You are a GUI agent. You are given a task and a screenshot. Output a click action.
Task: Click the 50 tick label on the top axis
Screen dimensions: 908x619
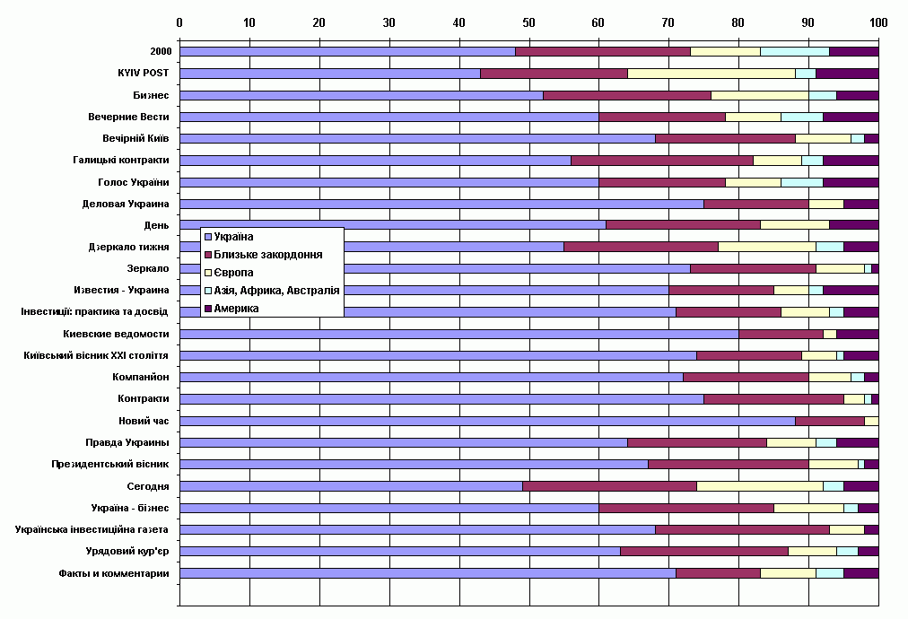point(528,22)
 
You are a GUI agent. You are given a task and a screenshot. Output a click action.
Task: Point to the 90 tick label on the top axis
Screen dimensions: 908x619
point(808,22)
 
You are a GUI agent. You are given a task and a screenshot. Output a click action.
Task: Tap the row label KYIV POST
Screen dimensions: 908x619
point(143,73)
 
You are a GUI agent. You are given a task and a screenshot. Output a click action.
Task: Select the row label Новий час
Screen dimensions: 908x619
point(144,421)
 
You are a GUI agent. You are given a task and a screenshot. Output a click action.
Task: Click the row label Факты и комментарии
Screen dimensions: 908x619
point(114,573)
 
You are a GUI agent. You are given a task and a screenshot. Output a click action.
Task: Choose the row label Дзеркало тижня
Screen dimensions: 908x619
point(128,248)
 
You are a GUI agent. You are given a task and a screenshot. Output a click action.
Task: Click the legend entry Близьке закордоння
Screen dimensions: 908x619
point(268,255)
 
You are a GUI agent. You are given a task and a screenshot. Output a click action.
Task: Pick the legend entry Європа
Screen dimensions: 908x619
point(233,273)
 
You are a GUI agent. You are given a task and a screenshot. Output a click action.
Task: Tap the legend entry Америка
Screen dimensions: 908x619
point(236,309)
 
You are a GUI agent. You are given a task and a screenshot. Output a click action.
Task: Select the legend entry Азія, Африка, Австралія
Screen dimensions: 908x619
point(277,291)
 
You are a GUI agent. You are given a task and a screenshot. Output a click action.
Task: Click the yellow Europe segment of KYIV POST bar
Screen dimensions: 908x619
point(712,74)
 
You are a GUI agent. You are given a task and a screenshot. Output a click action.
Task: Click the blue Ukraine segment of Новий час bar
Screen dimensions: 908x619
point(487,421)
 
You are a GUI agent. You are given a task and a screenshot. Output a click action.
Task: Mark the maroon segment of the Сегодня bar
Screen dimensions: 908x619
point(610,486)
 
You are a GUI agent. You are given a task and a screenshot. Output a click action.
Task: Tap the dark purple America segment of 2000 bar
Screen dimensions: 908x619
point(854,51)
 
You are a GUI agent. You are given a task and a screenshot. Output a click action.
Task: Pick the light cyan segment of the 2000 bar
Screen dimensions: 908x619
point(795,51)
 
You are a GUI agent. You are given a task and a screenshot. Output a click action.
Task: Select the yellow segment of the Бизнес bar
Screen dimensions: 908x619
point(760,96)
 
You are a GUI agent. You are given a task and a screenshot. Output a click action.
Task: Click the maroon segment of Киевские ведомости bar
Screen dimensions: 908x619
point(781,334)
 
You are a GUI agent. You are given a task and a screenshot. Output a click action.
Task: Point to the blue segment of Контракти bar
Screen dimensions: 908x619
point(441,399)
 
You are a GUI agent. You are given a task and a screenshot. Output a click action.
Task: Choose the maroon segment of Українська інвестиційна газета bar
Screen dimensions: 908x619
point(742,530)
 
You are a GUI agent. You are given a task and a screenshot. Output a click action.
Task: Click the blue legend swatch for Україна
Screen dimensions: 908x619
point(208,237)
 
